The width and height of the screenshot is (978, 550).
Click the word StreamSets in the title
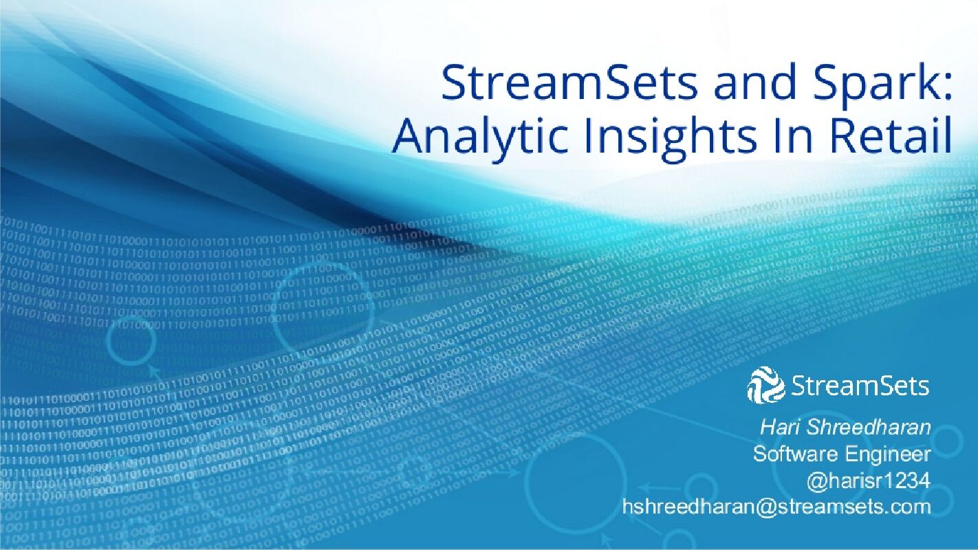568,82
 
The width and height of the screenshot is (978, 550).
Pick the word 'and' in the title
744,82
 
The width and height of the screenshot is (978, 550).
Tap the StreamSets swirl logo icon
765,385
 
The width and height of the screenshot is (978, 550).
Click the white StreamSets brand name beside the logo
860,386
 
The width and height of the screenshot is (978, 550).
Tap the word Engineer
888,454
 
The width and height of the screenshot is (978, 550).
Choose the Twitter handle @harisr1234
869,481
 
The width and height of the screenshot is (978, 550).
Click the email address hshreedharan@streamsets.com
776,507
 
